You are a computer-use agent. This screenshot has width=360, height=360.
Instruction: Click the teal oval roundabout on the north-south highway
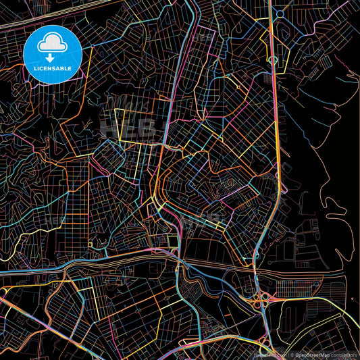(273, 61)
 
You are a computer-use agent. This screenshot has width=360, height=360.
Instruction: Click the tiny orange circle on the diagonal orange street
(238, 88)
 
